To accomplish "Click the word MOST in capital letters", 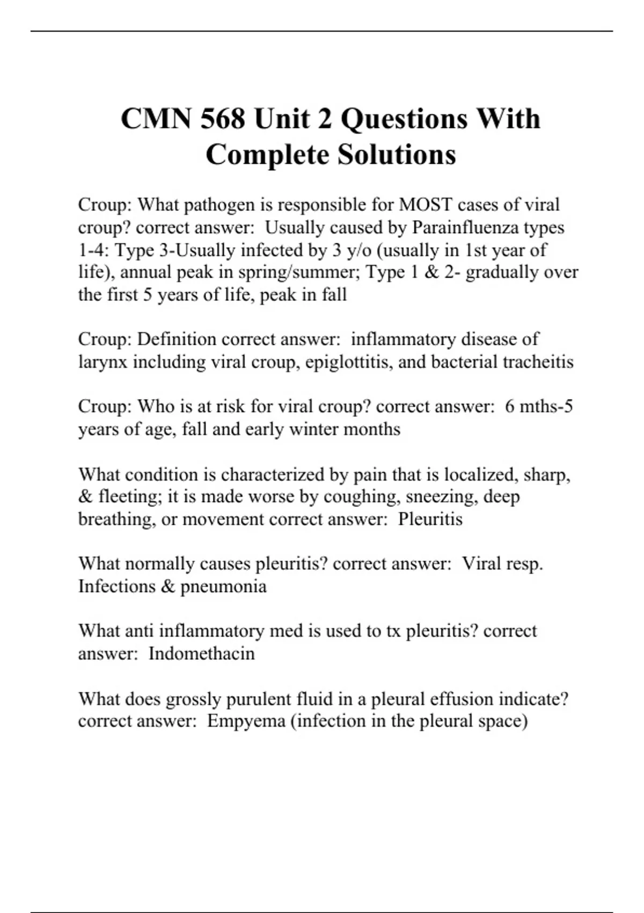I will point(425,205).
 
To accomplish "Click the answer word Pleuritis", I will point(430,519).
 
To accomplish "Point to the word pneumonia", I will point(223,586).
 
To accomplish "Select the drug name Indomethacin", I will point(201,654).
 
